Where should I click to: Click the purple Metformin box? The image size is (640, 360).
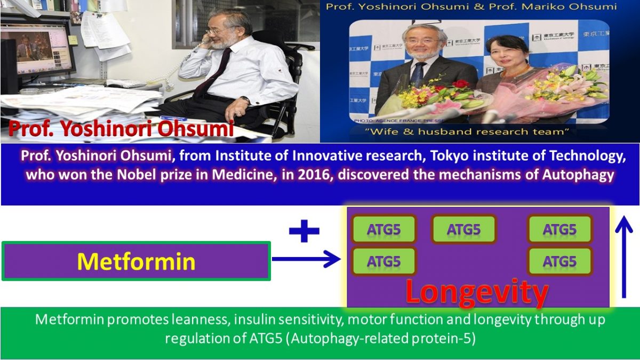coord(136,261)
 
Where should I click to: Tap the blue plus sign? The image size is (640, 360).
coord(304,231)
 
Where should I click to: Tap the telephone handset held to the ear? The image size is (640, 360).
coord(202,45)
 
